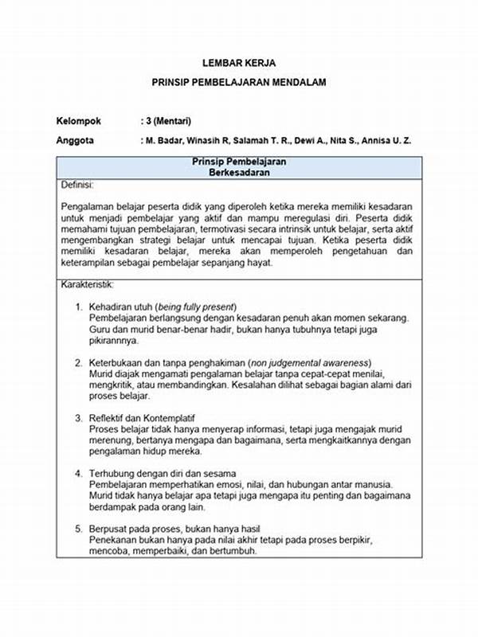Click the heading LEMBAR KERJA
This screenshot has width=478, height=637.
239,61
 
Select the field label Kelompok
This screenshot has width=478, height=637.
79,121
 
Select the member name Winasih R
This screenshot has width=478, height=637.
221,141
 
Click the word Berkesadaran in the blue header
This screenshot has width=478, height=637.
239,172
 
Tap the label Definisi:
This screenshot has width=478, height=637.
77,185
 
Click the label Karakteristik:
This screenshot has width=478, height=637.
87,284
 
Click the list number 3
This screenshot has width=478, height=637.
80,418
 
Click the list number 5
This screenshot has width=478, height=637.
80,529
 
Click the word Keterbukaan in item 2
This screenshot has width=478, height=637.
116,363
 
